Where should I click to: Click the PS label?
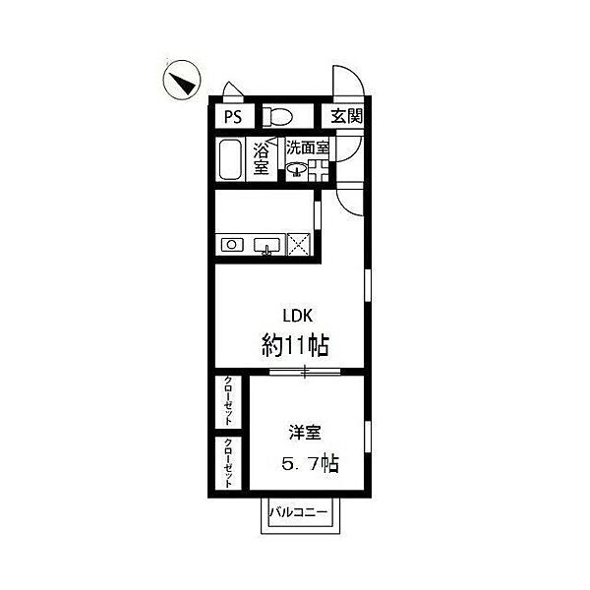pos(233,116)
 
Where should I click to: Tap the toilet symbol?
pos(277,116)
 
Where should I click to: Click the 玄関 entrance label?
pos(346,116)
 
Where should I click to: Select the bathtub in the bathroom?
pos(230,159)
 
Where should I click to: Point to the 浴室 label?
pos(261,158)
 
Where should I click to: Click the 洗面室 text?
pos(308,147)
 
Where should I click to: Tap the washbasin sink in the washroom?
pos(297,169)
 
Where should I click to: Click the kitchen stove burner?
pos(232,245)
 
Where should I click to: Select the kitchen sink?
pos(266,246)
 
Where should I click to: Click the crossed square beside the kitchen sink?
pos(299,245)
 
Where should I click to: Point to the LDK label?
pos(298,316)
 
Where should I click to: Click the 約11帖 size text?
pos(295,345)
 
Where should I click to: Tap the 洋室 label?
pos(305,433)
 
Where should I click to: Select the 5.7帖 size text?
pos(310,463)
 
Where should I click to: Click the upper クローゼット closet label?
pos(228,400)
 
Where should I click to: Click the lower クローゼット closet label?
pos(228,462)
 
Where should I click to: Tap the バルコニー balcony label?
pos(298,512)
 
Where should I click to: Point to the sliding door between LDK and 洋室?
pos(305,372)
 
